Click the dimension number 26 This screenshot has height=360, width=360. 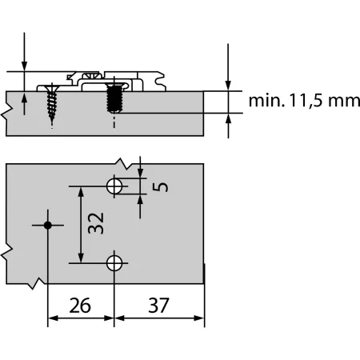[x=80, y=304]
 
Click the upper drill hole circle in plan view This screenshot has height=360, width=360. [x=114, y=186]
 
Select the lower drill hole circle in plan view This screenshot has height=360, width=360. [x=114, y=262]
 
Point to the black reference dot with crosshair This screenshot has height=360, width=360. [x=48, y=226]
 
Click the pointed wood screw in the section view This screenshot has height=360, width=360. [x=53, y=103]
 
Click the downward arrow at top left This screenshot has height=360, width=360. [x=25, y=63]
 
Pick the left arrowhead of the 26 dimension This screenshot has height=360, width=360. [x=53, y=318]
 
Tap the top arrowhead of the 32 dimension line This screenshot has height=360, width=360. [x=80, y=191]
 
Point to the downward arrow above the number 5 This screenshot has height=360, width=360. [x=141, y=171]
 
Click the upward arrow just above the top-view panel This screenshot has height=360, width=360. [x=25, y=97]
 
